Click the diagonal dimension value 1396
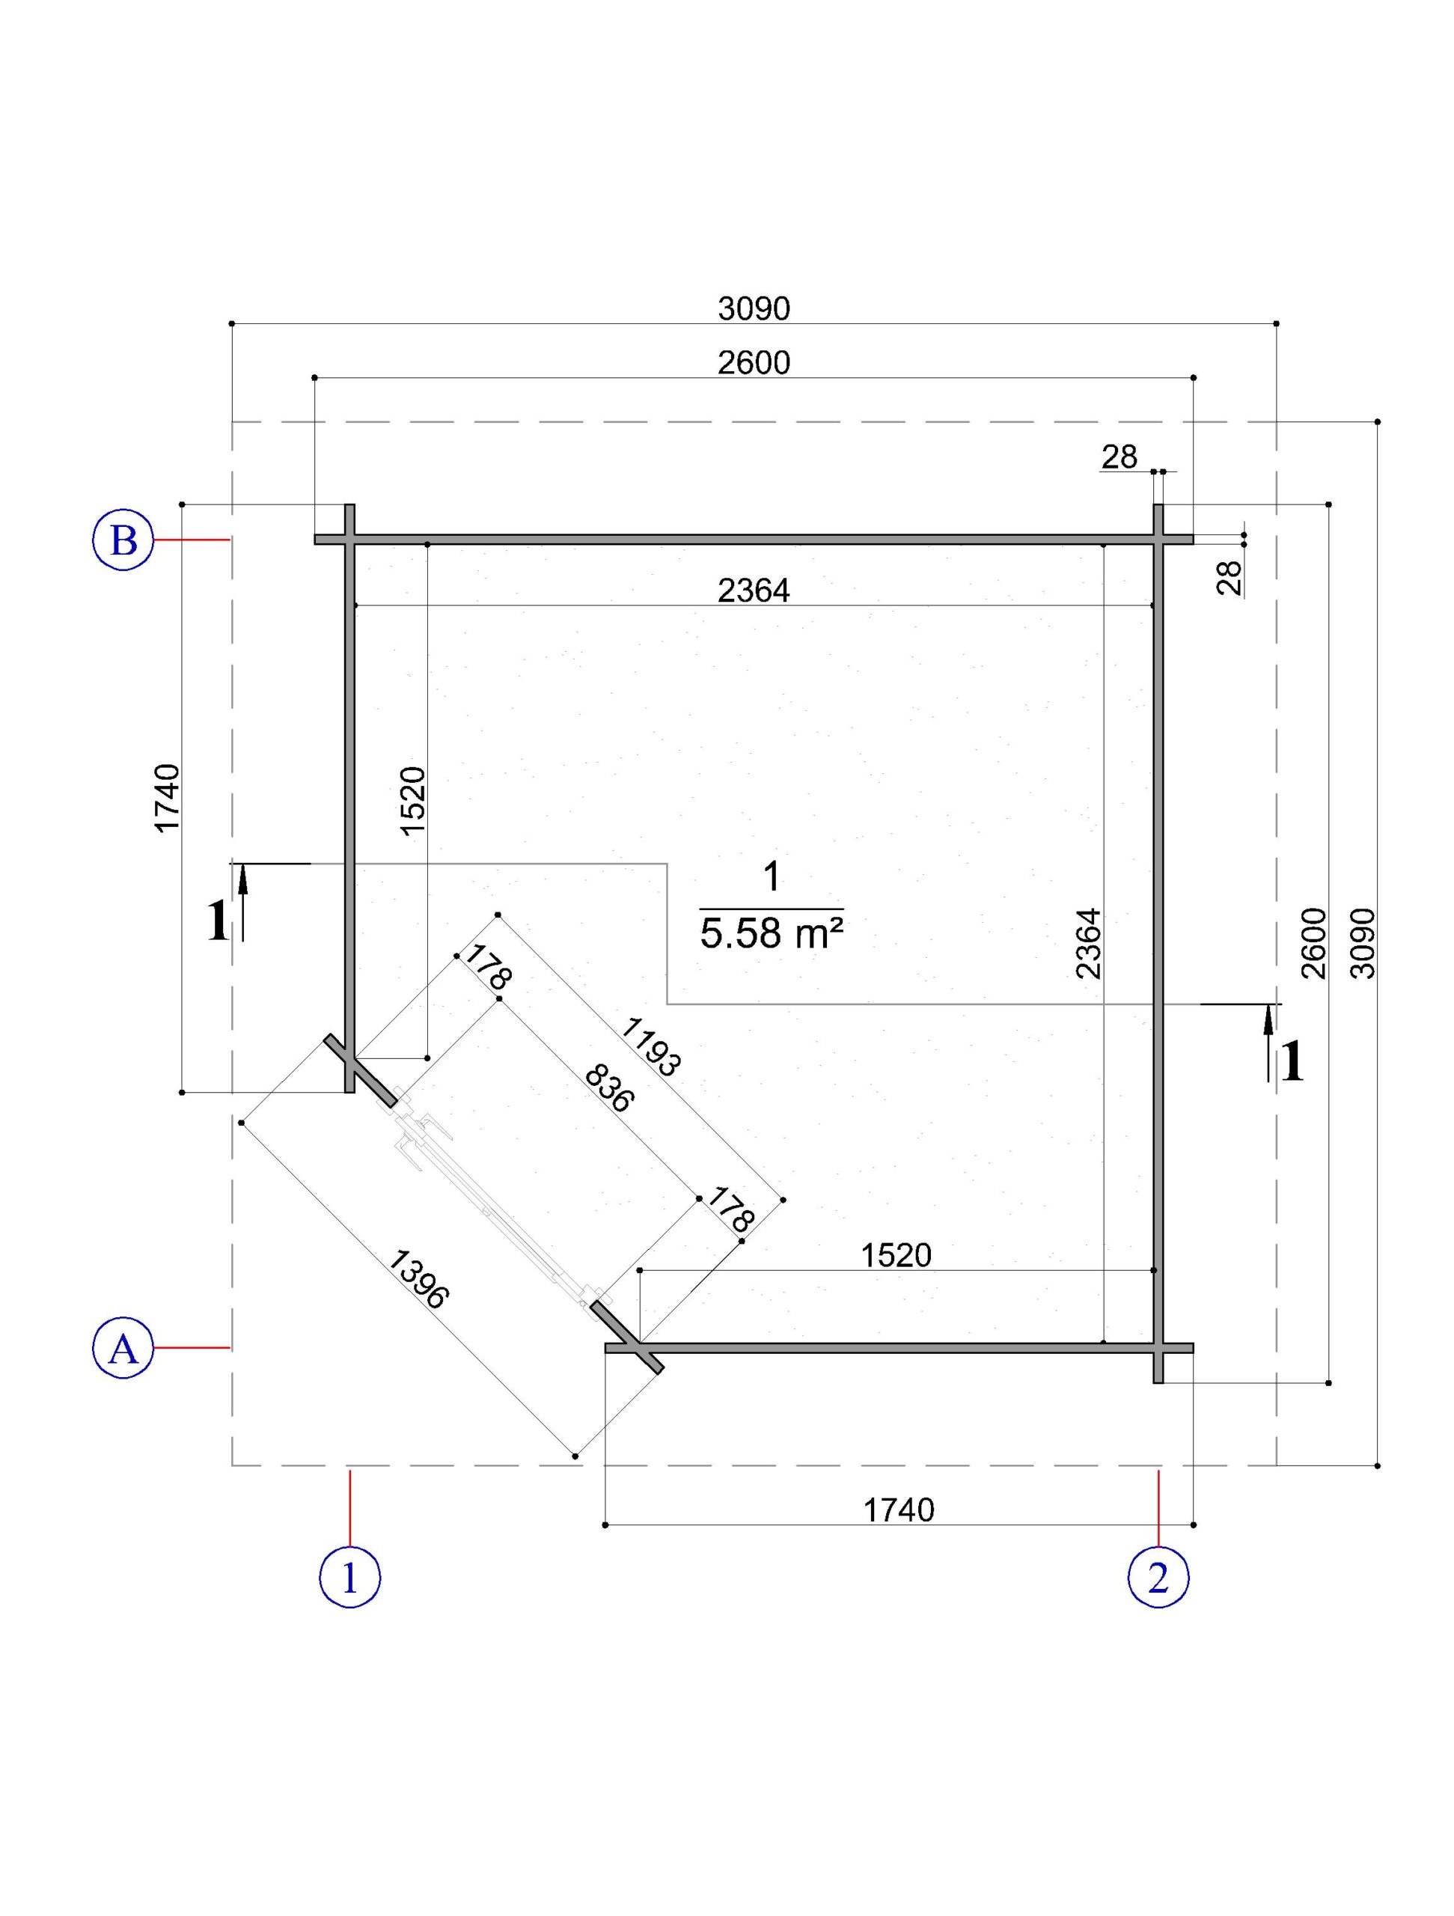[418, 1278]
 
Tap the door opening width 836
[610, 1088]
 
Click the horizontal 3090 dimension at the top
[754, 308]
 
